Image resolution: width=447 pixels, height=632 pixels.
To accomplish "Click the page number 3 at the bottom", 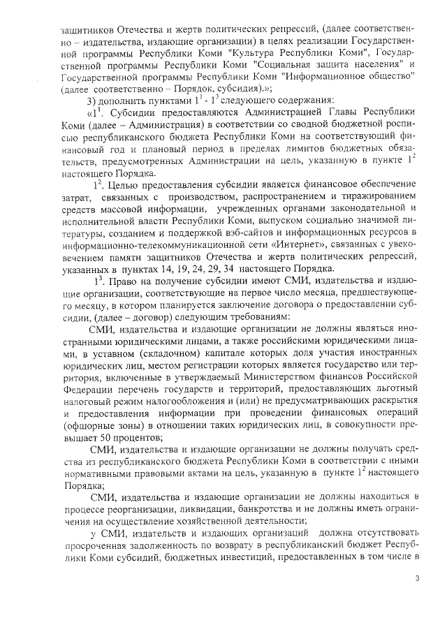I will [x=417, y=578].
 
